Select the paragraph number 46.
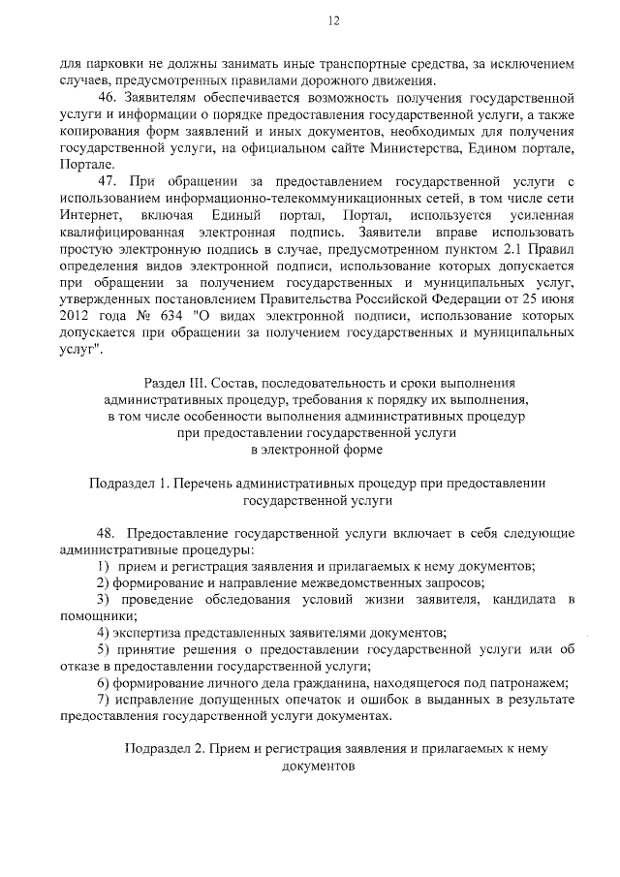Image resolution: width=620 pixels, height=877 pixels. [108, 99]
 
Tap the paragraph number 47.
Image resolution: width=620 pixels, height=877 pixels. [108, 180]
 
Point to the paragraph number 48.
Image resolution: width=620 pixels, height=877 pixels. [107, 533]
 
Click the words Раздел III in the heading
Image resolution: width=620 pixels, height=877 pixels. [177, 384]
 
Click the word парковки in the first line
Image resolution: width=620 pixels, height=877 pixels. [110, 63]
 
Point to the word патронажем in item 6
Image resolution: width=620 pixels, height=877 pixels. [532, 682]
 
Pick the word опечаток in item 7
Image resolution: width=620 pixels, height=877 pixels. [315, 700]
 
